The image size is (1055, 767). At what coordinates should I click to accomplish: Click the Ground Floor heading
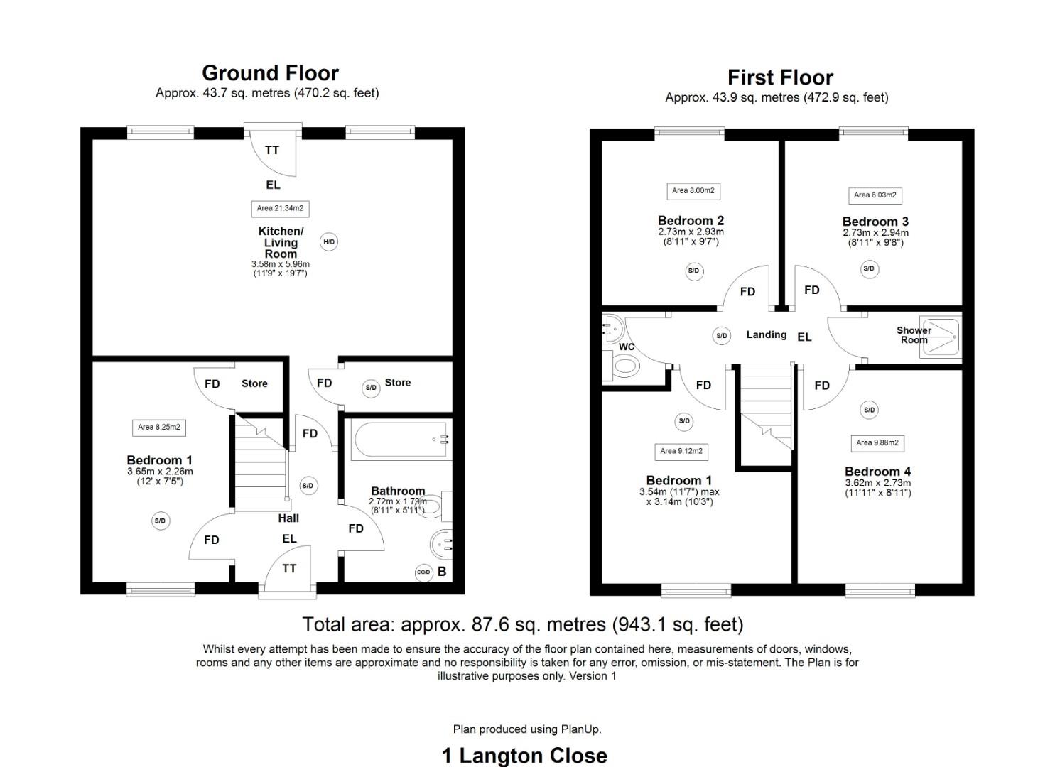(x=270, y=73)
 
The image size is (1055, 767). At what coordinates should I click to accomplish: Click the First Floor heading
(x=780, y=77)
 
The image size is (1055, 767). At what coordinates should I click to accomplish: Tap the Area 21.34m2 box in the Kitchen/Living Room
(x=280, y=208)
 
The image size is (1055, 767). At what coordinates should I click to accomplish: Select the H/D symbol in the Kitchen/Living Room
(x=328, y=242)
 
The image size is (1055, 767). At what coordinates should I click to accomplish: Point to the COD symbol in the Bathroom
(x=423, y=572)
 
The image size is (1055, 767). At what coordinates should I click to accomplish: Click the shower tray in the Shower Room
(x=940, y=337)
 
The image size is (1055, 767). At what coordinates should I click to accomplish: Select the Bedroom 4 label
(x=877, y=472)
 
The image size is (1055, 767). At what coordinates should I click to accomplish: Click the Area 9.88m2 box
(x=877, y=442)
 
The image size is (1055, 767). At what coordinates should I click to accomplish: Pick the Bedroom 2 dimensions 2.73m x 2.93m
(x=691, y=232)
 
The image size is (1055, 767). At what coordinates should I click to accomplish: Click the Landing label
(x=766, y=334)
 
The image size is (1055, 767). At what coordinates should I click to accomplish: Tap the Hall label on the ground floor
(x=288, y=518)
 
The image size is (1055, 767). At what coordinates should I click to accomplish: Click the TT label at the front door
(x=289, y=568)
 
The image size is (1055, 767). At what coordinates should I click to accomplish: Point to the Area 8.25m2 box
(x=159, y=427)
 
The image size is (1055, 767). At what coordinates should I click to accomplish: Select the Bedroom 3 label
(x=875, y=222)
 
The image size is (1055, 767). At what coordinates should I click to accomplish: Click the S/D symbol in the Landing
(x=722, y=336)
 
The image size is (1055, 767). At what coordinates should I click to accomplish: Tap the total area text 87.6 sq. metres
(x=523, y=624)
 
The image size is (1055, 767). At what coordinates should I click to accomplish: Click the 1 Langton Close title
(x=524, y=756)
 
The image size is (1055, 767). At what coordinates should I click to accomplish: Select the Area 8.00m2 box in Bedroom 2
(x=693, y=190)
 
